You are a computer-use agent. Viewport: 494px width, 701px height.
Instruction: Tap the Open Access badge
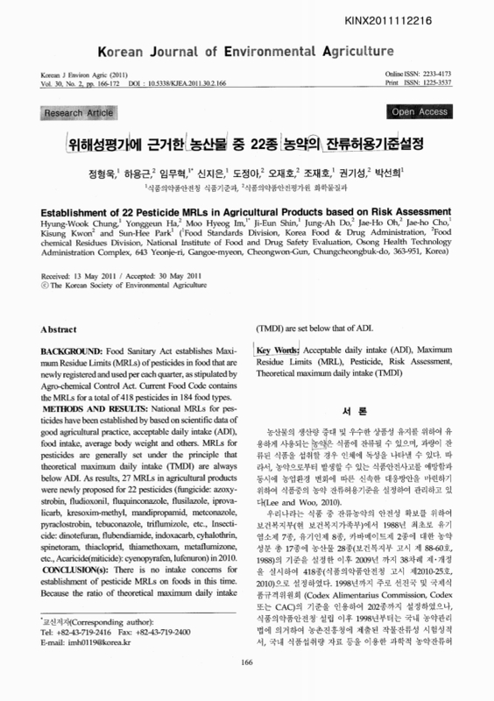tap(420, 112)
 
